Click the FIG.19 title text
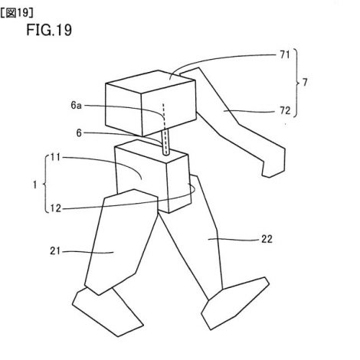point(49,30)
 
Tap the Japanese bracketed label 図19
point(17,13)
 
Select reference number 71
point(285,54)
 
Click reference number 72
point(285,110)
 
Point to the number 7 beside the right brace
point(305,83)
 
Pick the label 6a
point(76,105)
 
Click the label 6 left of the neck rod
point(79,133)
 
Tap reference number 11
point(55,157)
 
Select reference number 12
point(55,208)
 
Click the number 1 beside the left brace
point(35,185)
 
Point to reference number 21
point(55,251)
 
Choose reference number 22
point(267,239)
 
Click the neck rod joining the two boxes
point(165,142)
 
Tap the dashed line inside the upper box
point(163,115)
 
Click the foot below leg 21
point(107,312)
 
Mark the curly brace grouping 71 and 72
point(296,83)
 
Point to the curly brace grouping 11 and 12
point(46,184)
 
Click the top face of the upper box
point(151,81)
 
